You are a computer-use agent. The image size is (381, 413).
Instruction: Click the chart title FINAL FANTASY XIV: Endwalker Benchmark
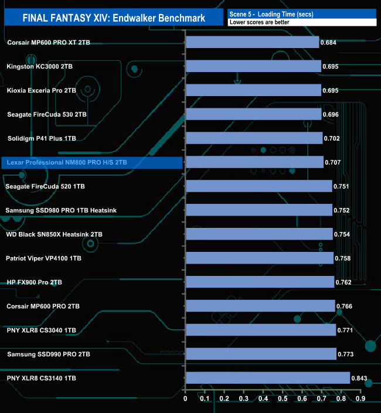(114, 18)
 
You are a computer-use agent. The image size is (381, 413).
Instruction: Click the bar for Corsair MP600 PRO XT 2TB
(252, 42)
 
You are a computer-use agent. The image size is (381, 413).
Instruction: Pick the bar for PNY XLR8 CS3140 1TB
(267, 378)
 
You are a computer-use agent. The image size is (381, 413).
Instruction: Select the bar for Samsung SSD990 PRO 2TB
(261, 354)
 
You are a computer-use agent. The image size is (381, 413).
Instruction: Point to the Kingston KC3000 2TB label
(40, 66)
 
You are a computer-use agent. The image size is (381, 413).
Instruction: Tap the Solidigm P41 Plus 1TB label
(42, 138)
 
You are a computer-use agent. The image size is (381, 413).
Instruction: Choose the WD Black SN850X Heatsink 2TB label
(54, 234)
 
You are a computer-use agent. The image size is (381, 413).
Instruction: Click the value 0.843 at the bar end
(359, 378)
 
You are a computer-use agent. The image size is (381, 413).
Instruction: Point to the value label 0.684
(330, 43)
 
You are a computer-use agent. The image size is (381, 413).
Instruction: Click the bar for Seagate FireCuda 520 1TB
(258, 186)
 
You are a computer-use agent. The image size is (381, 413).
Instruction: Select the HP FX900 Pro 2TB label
(34, 282)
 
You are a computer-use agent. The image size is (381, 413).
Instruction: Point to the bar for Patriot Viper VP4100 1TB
(259, 258)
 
